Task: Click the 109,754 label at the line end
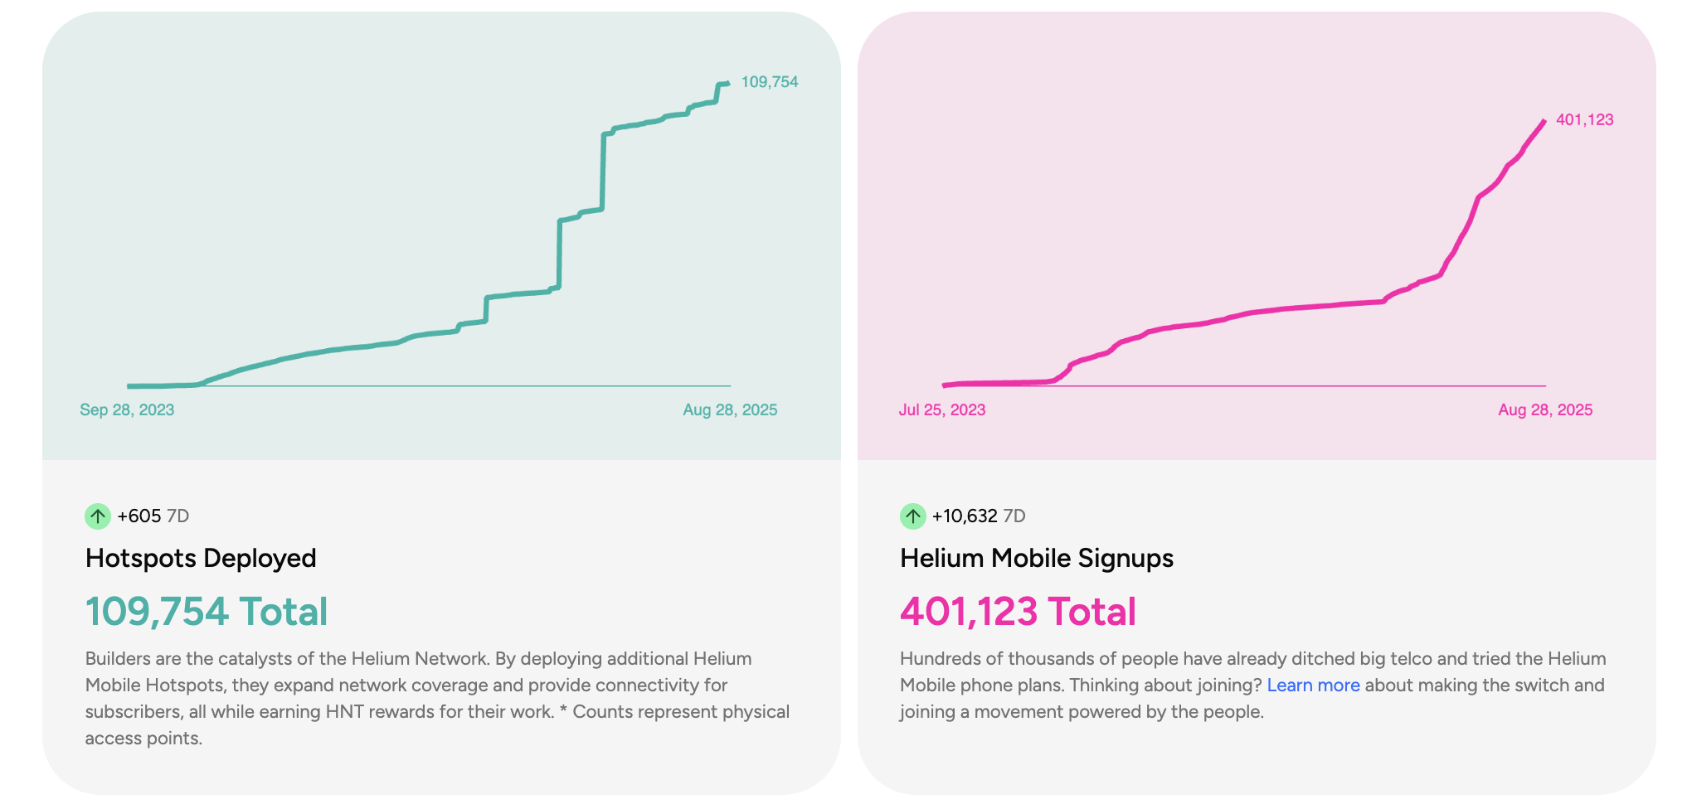pos(769,82)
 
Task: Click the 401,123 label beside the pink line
pos(1584,119)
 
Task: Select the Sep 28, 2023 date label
pos(127,409)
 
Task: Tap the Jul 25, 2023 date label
pos(941,409)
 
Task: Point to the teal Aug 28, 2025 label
pos(730,409)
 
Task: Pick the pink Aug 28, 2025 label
pos(1544,409)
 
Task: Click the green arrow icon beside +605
pos(98,516)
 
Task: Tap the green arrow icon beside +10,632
pos(912,516)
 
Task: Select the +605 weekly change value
pos(139,516)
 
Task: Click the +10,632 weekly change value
pos(965,516)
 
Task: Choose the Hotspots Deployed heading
pos(201,558)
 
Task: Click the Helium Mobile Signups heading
pos(1036,558)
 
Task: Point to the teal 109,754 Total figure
pos(207,612)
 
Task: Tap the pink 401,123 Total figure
pos(1018,612)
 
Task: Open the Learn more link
pos(1313,685)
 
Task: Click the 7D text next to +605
pos(177,516)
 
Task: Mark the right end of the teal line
pos(727,83)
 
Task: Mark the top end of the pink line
pos(1544,122)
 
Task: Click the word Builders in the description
pos(117,659)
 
